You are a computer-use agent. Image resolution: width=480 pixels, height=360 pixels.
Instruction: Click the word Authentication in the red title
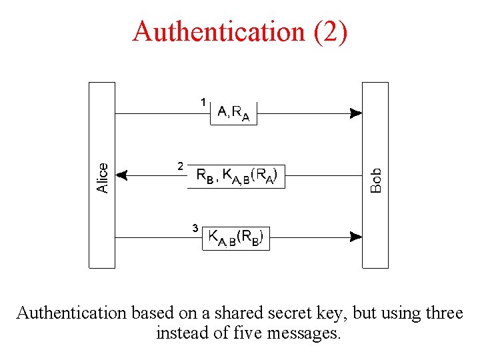tap(218, 31)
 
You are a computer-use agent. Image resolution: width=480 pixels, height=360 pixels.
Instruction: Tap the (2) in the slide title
tap(330, 31)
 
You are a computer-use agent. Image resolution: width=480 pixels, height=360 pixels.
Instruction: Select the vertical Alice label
tap(103, 178)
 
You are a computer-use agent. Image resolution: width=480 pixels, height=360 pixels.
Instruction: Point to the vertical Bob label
tap(376, 180)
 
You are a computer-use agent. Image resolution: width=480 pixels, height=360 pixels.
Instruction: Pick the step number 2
tap(179, 165)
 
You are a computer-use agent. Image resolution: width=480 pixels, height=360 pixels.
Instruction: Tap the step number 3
tap(195, 228)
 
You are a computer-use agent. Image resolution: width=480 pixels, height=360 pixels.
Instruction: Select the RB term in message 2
tap(205, 176)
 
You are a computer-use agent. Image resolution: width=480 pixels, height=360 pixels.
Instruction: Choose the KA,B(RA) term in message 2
tap(249, 176)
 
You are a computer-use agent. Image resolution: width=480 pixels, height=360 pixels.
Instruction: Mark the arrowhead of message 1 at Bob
tap(356, 113)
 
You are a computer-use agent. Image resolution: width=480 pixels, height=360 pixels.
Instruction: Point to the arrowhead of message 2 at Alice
tap(121, 175)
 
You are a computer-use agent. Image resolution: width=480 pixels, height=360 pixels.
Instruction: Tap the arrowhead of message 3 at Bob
tap(356, 236)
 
